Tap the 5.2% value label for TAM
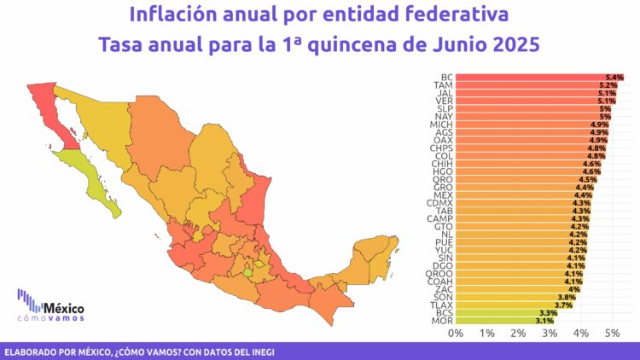click(x=608, y=85)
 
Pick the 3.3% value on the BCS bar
click(x=550, y=313)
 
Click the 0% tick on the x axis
click(x=456, y=332)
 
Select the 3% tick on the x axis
click(x=550, y=332)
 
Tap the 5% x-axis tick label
click(x=612, y=332)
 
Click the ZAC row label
click(x=445, y=289)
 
